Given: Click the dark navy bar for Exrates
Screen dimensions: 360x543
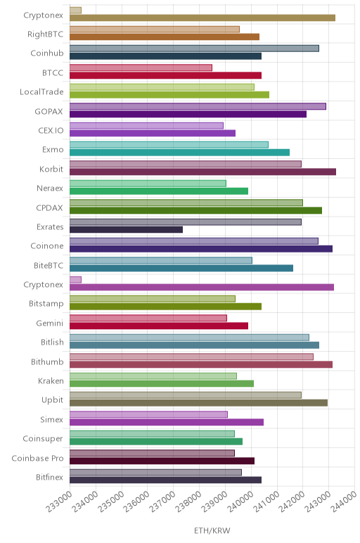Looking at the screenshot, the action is (126, 229).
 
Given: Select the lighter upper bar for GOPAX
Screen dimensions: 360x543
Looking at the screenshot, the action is (198, 106).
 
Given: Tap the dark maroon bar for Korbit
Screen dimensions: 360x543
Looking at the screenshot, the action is (202, 172).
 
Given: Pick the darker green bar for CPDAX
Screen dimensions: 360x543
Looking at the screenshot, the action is (195, 210).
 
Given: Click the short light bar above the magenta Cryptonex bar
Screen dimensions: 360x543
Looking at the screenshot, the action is (75, 279).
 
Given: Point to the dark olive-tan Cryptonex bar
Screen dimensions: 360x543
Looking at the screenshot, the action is (202, 18).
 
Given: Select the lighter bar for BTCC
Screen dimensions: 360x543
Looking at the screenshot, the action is (141, 68).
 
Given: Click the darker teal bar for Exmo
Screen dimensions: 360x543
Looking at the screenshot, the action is (180, 153).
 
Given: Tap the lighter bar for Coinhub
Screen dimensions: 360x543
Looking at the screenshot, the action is (194, 49).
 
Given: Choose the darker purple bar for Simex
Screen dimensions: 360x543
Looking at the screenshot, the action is (167, 422).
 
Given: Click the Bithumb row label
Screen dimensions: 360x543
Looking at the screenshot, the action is (47, 362).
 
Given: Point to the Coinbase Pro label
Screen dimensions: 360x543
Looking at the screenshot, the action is (38, 458).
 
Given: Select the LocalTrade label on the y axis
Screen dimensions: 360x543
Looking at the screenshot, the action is (42, 91).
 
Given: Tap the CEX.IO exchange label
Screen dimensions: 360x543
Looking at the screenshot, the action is (51, 130).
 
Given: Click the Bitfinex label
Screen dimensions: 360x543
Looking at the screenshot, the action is (50, 477).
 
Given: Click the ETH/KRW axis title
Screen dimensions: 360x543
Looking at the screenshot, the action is (212, 530).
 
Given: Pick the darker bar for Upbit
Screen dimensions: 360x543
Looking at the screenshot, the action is (199, 403).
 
